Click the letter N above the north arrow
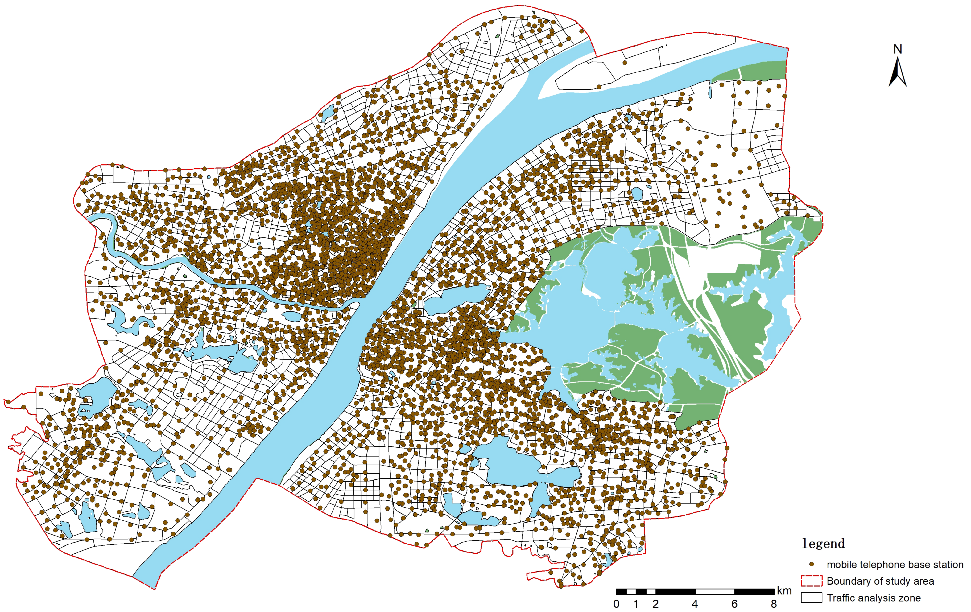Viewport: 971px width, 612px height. point(898,49)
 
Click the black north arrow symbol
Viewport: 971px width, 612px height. point(898,73)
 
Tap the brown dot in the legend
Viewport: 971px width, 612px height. point(812,564)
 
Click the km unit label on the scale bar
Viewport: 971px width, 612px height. point(784,591)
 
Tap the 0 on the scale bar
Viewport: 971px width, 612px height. point(616,604)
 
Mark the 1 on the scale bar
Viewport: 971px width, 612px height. point(636,604)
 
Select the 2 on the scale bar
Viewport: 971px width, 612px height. point(656,604)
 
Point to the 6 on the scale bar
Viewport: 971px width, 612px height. point(734,604)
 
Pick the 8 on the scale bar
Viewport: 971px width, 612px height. point(773,604)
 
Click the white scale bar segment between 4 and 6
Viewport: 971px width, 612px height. point(715,592)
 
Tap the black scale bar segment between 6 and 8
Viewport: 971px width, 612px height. point(754,592)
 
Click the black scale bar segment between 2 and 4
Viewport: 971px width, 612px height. point(676,592)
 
